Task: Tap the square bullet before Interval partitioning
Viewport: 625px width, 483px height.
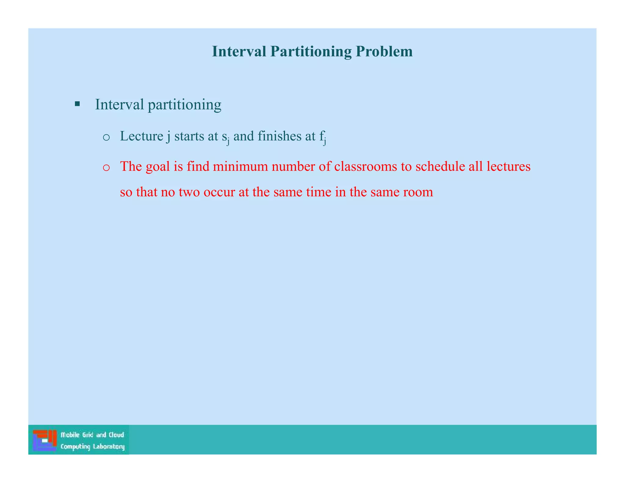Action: (x=77, y=104)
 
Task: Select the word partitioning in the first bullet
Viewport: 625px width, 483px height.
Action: (x=184, y=105)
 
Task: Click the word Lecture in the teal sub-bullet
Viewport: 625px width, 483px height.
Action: (x=141, y=136)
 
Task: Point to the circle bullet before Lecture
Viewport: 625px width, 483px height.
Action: (x=106, y=137)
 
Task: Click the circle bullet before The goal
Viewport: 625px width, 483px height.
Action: (x=106, y=168)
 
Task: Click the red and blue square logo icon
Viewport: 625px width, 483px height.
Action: (x=45, y=440)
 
